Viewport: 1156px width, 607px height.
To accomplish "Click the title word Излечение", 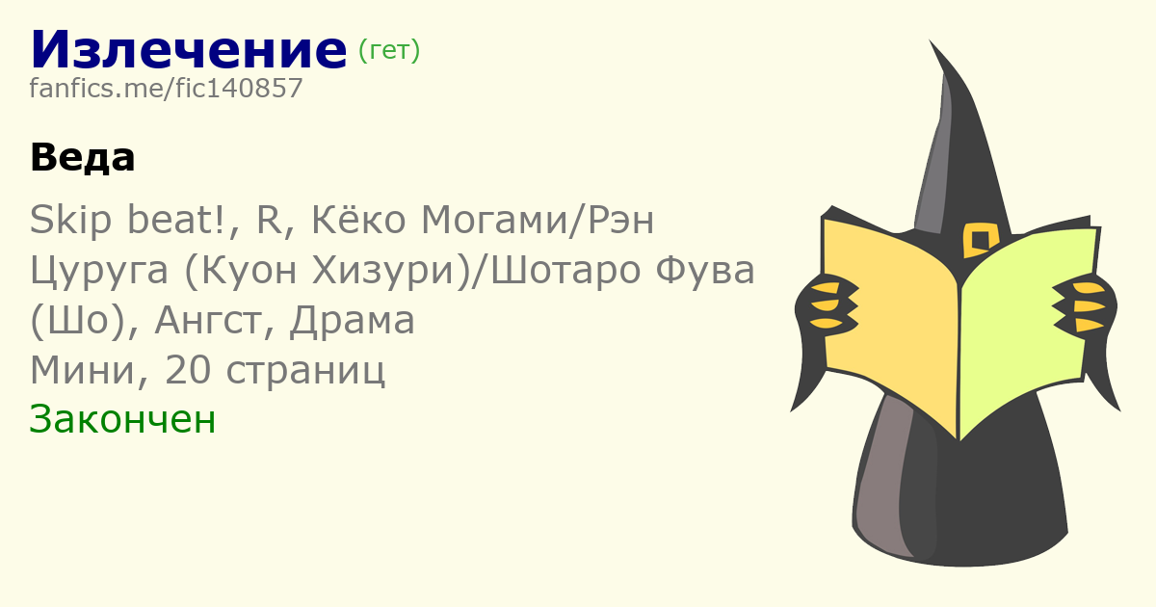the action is pyautogui.click(x=189, y=49).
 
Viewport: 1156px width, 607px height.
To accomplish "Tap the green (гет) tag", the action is pyautogui.click(x=389, y=50).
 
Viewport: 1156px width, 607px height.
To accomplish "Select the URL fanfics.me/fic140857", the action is pyautogui.click(x=166, y=89).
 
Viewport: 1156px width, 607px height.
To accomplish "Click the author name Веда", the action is pyautogui.click(x=83, y=157).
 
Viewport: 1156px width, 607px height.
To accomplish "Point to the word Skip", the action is pyautogui.click(x=70, y=221).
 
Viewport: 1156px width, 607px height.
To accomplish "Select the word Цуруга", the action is pyautogui.click(x=99, y=271).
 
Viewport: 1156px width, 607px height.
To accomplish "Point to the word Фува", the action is pyautogui.click(x=704, y=270).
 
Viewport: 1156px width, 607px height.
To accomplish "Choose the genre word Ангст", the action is pyautogui.click(x=207, y=321).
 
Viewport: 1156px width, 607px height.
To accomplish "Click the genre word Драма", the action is pyautogui.click(x=352, y=321).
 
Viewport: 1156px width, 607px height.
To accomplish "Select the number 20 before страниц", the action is pyautogui.click(x=188, y=370).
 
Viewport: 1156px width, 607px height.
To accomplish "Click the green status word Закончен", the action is pyautogui.click(x=122, y=419).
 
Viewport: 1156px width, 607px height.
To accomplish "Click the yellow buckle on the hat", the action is pyautogui.click(x=981, y=240).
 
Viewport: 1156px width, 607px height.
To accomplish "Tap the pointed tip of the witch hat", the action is pyautogui.click(x=930, y=40).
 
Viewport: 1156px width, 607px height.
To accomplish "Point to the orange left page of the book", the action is pyautogui.click(x=890, y=320).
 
